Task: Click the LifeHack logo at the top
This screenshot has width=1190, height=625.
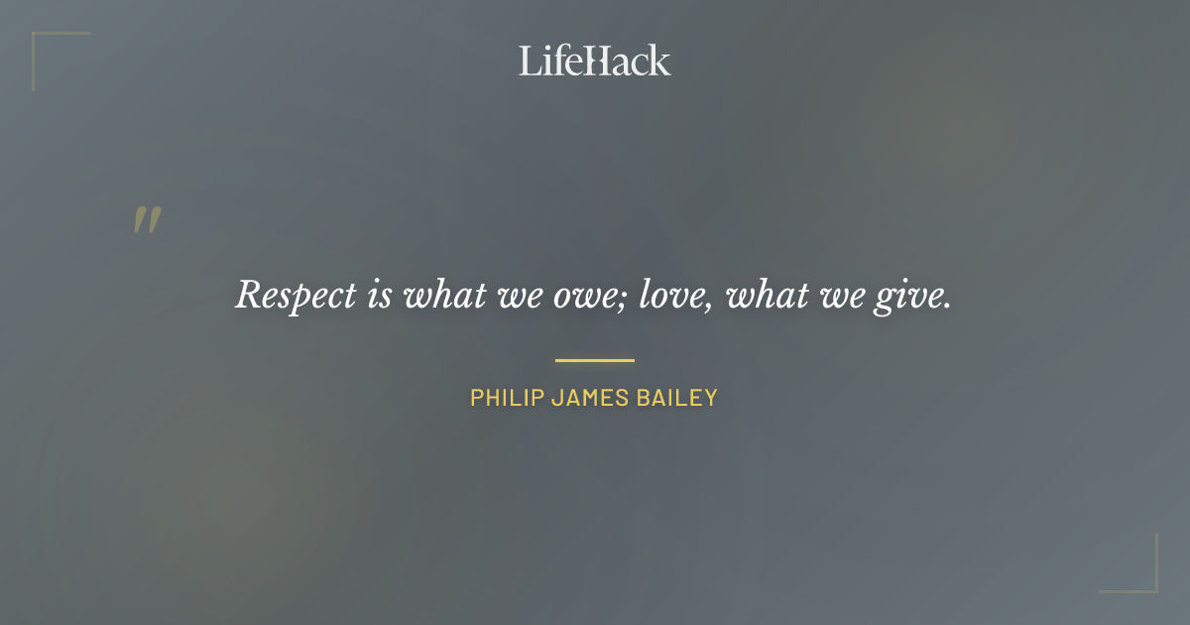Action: pyautogui.click(x=595, y=61)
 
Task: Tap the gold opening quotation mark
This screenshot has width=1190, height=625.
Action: pyautogui.click(x=147, y=220)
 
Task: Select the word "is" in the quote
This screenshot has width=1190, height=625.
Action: pyautogui.click(x=380, y=295)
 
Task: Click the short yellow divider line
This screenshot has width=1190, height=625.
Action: pyautogui.click(x=595, y=360)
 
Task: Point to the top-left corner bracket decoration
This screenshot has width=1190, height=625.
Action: pyautogui.click(x=40, y=40)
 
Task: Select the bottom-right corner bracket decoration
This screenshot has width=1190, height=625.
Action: pyautogui.click(x=1150, y=585)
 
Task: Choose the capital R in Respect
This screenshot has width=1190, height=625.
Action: pyautogui.click(x=248, y=295)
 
